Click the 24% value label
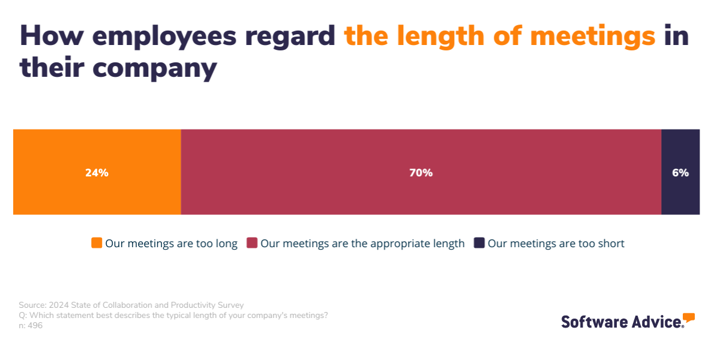tap(97, 173)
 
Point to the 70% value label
tap(421, 173)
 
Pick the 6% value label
tap(680, 173)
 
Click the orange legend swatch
tap(97, 243)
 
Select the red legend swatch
tap(252, 243)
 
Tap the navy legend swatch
tap(479, 243)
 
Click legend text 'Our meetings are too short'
tap(556, 244)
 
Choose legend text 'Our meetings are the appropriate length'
tap(362, 244)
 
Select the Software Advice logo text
tap(621, 322)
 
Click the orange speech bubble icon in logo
tap(689, 317)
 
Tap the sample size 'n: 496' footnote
tap(31, 326)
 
